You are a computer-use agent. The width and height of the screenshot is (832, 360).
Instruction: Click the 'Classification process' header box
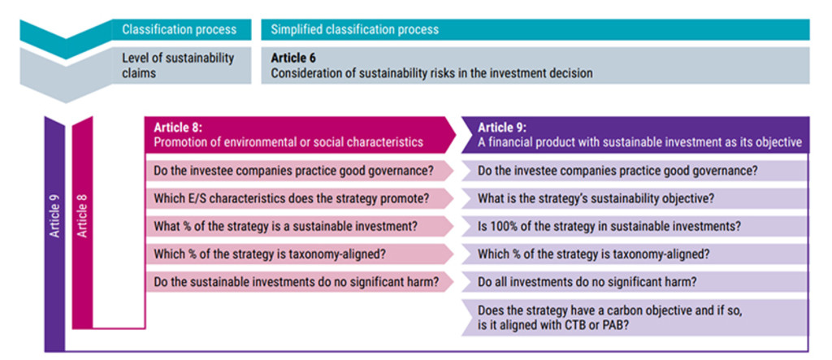(181, 29)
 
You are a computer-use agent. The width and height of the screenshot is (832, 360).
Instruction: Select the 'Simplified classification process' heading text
(354, 29)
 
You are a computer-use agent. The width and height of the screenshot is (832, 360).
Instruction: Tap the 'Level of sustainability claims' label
(178, 65)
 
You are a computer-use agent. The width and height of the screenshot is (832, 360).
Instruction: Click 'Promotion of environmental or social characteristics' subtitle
(288, 142)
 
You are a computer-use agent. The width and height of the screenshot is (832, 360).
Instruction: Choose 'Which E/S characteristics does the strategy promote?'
(292, 198)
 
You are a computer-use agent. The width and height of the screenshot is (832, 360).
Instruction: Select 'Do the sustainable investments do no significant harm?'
(297, 281)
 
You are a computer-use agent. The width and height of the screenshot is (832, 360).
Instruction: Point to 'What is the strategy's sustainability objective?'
(596, 198)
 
